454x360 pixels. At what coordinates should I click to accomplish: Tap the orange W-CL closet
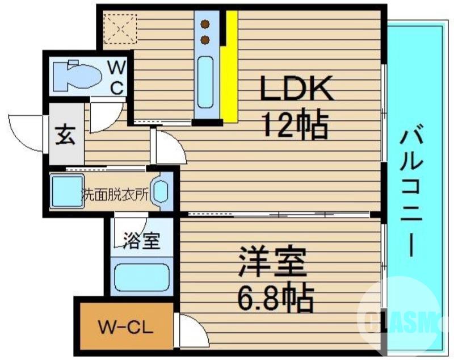125,328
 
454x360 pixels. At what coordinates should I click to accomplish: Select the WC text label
117,77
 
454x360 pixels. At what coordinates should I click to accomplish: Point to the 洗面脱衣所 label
115,194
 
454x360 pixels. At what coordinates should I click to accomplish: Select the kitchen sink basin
205,82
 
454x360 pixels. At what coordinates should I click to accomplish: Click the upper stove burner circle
205,25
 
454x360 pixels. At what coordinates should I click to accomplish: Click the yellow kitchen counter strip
229,68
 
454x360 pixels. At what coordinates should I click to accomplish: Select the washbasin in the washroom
161,191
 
